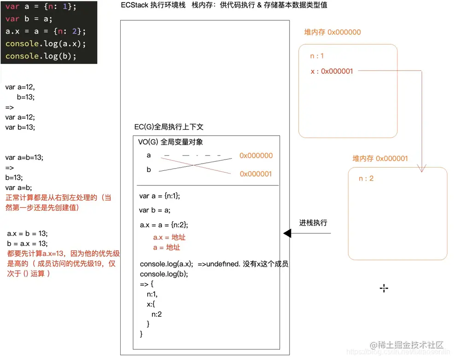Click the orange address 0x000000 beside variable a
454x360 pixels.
(256, 156)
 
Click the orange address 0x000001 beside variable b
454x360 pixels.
(256, 174)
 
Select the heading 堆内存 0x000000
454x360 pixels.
(332, 32)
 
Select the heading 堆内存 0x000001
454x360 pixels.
(380, 158)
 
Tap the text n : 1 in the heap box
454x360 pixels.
(317, 56)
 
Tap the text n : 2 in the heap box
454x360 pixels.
(366, 178)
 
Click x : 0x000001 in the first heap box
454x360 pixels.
(332, 71)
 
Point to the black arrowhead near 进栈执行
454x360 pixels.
(287, 234)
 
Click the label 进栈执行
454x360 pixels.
(313, 223)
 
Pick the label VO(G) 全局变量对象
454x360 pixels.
(170, 142)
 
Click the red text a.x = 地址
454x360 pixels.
(169, 238)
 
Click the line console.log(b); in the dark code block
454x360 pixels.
(41, 56)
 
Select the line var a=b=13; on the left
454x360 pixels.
(24, 157)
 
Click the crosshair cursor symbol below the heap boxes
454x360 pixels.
(384, 288)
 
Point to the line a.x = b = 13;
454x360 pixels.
(28, 233)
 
